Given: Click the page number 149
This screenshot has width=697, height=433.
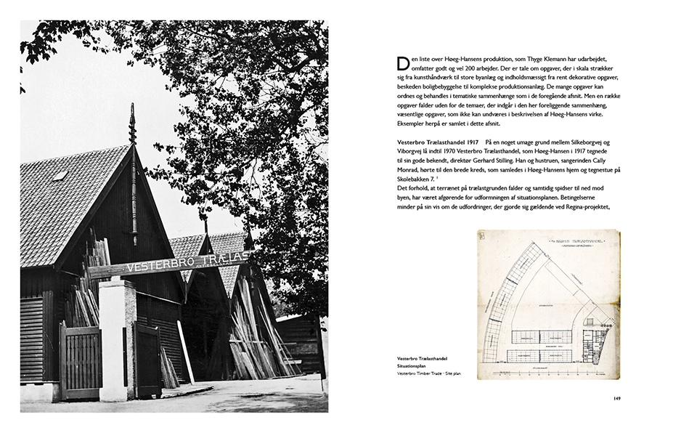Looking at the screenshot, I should [x=616, y=397].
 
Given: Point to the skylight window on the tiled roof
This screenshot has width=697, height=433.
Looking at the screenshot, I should [x=60, y=175].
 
